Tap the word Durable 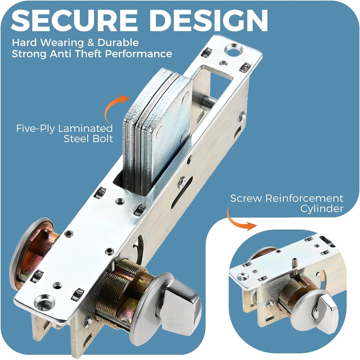click(x=118, y=43)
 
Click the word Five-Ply click(x=36, y=129)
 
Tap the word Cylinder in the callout click(x=322, y=209)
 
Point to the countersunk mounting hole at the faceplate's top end click(x=233, y=50)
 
